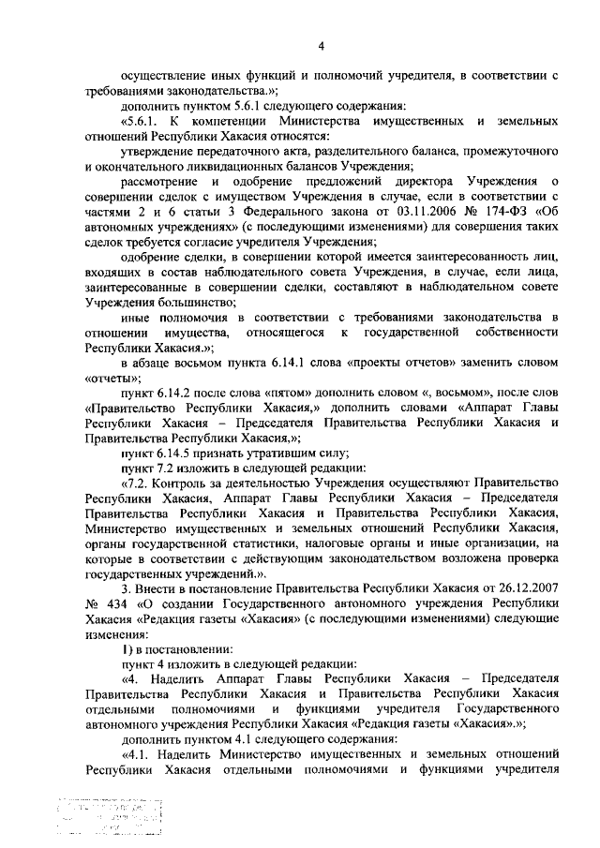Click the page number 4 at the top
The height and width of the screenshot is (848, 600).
[321, 46]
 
